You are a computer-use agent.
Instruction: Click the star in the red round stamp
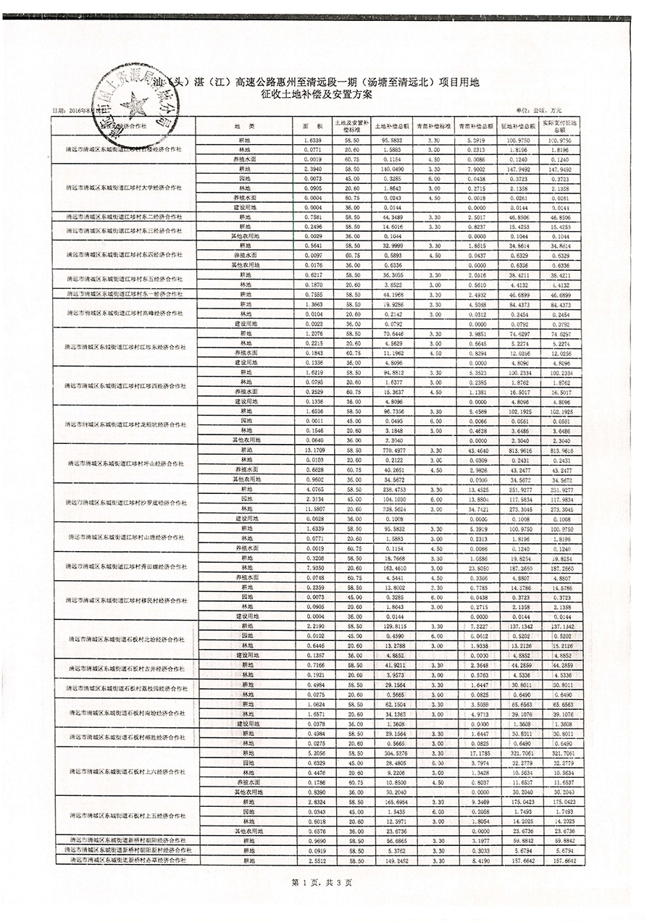[135, 108]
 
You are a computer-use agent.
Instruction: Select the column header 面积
[312, 125]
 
